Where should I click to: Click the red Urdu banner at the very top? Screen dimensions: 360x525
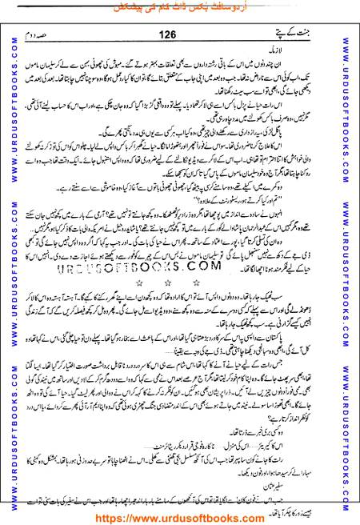[x=179, y=7]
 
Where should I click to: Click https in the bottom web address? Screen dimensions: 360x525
[x=117, y=515]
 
